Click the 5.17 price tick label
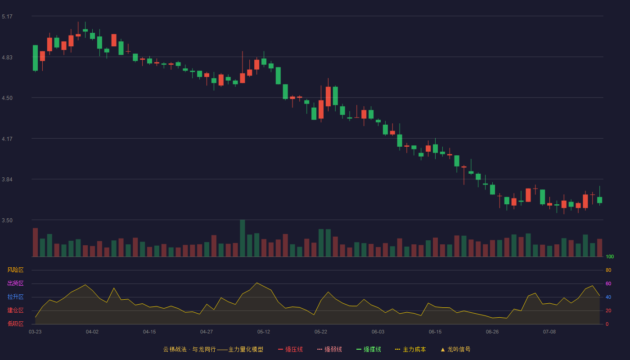pyautogui.click(x=7, y=17)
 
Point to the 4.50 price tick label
pyautogui.click(x=7, y=98)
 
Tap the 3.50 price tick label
pyautogui.click(x=7, y=220)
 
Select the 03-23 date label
pyautogui.click(x=35, y=332)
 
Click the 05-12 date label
pyautogui.click(x=264, y=332)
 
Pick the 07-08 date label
pyautogui.click(x=549, y=332)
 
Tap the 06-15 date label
pyautogui.click(x=435, y=332)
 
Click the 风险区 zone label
pyautogui.click(x=15, y=270)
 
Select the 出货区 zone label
pyautogui.click(x=15, y=283)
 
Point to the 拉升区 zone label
pyautogui.click(x=15, y=297)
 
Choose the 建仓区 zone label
pyautogui.click(x=15, y=310)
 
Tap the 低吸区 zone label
pyautogui.click(x=15, y=324)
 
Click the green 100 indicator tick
pyautogui.click(x=610, y=256)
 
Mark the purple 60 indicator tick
pyautogui.click(x=608, y=283)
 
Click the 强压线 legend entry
pyautogui.click(x=290, y=349)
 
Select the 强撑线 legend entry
pyautogui.click(x=369, y=349)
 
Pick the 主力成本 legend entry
pyautogui.click(x=410, y=349)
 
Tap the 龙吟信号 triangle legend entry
pyautogui.click(x=455, y=349)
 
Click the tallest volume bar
pyautogui.click(x=243, y=238)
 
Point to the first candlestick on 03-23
pyautogui.click(x=35, y=58)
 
